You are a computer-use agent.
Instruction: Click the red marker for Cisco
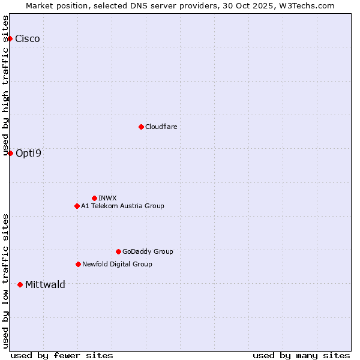click(10, 39)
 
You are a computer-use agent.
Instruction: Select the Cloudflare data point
click(141, 127)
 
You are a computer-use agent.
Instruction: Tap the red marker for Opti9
click(10, 153)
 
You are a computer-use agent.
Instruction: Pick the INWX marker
click(94, 198)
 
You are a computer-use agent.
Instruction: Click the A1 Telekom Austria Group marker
click(77, 206)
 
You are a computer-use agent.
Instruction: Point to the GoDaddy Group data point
click(118, 251)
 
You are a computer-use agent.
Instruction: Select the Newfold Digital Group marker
click(78, 264)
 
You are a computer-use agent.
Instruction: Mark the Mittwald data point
click(20, 284)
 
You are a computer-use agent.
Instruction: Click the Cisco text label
click(28, 39)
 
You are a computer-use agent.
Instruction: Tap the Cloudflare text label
click(161, 127)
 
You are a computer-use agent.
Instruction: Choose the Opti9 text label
click(28, 153)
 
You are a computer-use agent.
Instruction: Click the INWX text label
click(107, 198)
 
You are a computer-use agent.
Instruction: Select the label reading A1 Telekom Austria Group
click(122, 206)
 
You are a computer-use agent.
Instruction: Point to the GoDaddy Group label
click(148, 251)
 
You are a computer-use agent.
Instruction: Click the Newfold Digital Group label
click(117, 264)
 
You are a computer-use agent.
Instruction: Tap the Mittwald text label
click(45, 284)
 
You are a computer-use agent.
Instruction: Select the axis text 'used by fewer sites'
click(62, 355)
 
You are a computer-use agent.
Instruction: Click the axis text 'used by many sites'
click(301, 355)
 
